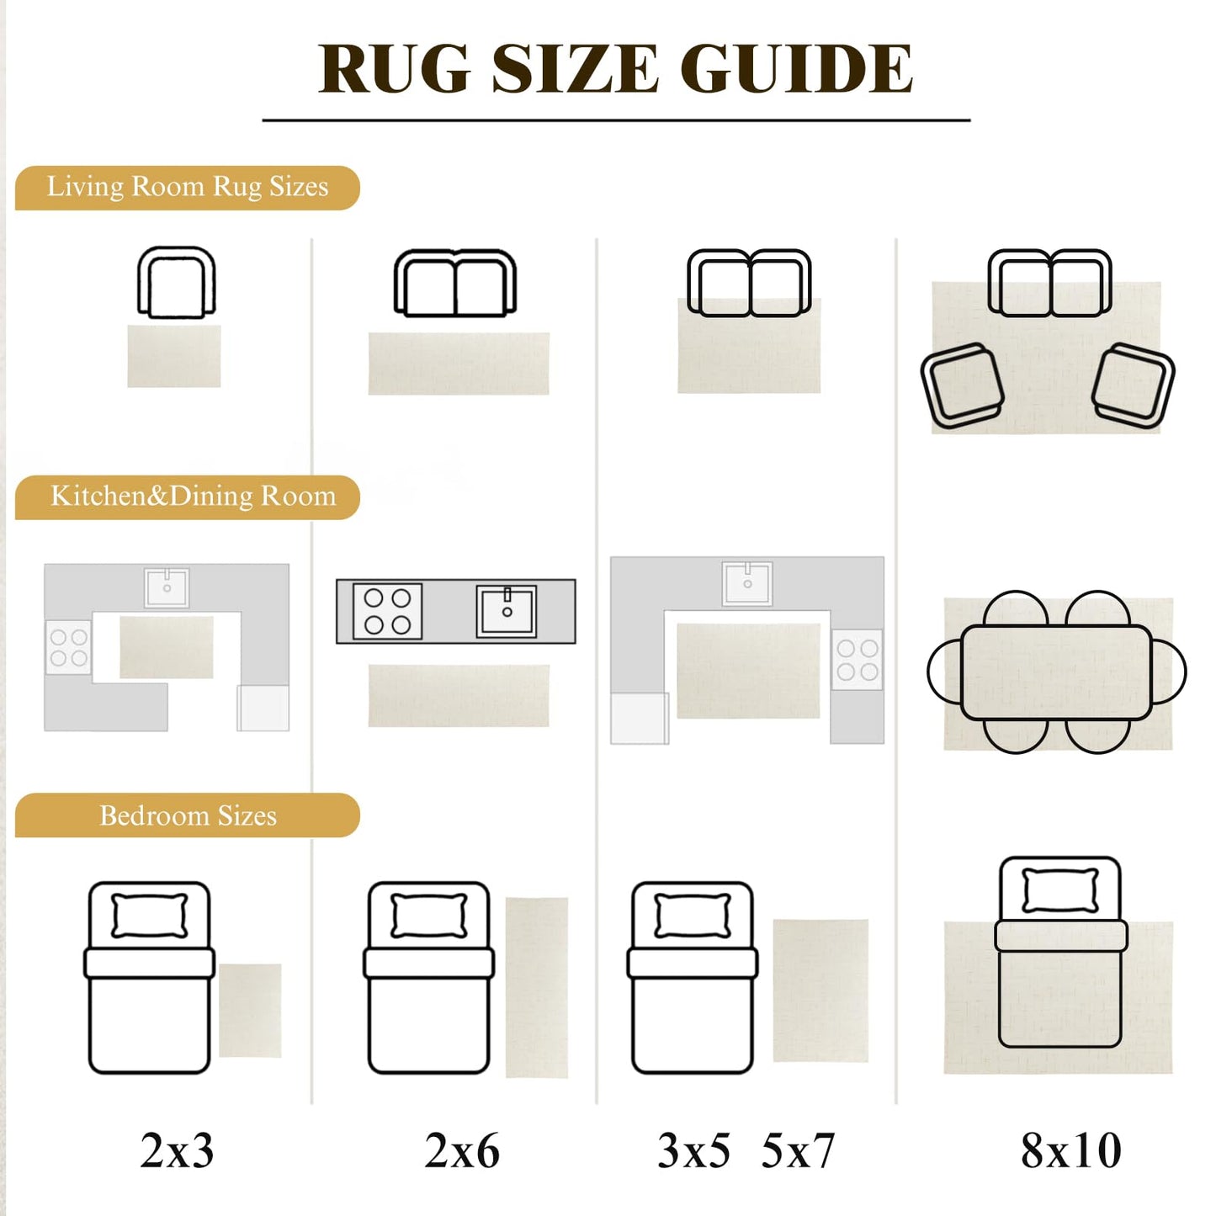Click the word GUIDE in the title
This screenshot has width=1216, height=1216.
pos(796,69)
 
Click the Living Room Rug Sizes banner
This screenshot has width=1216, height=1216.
pos(188,188)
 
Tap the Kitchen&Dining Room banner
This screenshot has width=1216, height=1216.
pos(188,496)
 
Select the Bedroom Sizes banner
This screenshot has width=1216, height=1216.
pos(188,815)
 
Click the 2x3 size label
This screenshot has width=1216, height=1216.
pos(177,1150)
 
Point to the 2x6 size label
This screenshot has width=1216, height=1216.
pos(462,1150)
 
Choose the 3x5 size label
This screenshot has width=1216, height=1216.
pos(693,1150)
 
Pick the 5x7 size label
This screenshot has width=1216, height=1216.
pos(799,1150)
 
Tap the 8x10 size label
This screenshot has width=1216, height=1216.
pos(1071,1150)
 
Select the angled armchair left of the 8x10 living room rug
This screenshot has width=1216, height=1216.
pos(962,385)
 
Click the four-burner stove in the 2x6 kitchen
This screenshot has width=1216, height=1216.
pos(387,611)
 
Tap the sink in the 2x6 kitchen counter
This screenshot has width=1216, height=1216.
pos(507,611)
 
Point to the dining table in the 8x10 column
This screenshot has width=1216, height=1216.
pos(1056,672)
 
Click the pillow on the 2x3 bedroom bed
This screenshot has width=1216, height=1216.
pos(150,915)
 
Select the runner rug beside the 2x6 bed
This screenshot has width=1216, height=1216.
pos(536,988)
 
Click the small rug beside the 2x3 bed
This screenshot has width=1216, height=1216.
pos(250,1011)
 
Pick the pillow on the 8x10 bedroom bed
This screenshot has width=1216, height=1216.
pos(1060,891)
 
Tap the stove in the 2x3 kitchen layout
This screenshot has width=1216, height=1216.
pos(68,647)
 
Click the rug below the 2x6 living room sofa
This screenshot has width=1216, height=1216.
pos(459,364)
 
